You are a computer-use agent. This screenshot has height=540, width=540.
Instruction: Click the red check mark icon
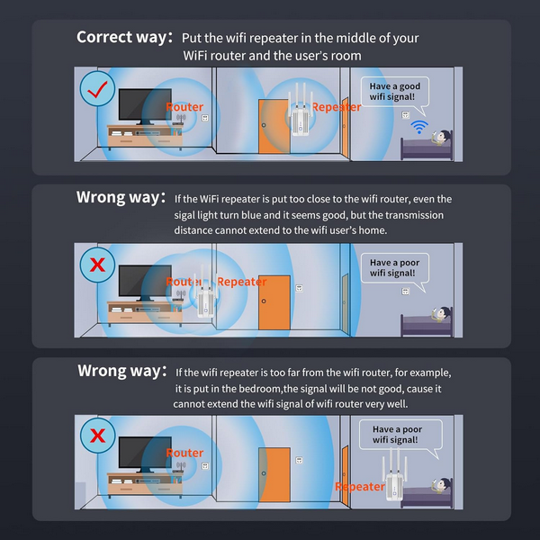(x=97, y=89)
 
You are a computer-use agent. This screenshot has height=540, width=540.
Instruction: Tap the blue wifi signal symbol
(x=419, y=127)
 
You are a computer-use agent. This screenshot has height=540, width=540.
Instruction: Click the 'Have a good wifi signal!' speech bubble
(x=395, y=93)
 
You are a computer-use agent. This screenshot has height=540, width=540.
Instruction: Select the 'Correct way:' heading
(x=124, y=37)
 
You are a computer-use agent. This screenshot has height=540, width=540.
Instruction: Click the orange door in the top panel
(x=274, y=126)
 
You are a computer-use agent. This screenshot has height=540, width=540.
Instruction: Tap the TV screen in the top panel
(x=145, y=104)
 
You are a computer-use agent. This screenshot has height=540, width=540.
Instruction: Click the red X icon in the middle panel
(x=97, y=265)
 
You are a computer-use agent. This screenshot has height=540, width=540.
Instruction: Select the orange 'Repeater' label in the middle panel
(x=242, y=282)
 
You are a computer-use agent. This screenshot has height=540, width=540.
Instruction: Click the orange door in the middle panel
(x=274, y=302)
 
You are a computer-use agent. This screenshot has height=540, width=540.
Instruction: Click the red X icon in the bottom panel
(x=97, y=436)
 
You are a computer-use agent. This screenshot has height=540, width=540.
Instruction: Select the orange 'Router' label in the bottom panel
(x=184, y=453)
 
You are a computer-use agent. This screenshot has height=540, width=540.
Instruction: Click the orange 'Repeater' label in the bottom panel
(x=360, y=487)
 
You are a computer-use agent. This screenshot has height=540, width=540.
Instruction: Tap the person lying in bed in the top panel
(x=440, y=138)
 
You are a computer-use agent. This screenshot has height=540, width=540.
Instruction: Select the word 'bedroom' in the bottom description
(x=261, y=389)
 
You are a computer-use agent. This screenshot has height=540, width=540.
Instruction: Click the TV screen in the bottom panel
(x=145, y=453)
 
